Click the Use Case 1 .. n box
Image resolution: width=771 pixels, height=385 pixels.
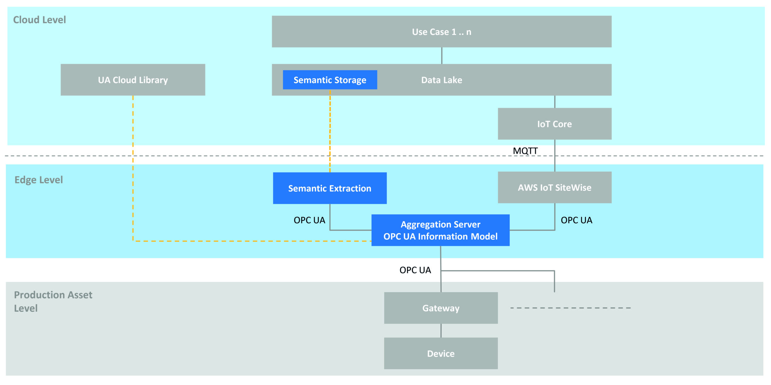coord(441,32)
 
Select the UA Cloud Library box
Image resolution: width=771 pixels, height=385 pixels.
coord(133,80)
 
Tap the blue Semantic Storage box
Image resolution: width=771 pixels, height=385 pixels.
coord(330,80)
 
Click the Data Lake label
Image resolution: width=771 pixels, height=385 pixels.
coord(441,80)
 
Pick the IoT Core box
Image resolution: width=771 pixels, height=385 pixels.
coord(554,124)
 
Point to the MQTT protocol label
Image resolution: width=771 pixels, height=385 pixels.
coord(525,151)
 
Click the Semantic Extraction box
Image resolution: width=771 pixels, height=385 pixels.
coord(329,188)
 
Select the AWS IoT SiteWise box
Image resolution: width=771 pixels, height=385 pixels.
coord(554,188)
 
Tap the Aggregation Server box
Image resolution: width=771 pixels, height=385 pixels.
coord(440,230)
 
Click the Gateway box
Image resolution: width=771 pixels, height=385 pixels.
coord(440,308)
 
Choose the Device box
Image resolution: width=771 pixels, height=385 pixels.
coord(440,354)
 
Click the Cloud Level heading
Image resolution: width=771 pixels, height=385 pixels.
coord(39,20)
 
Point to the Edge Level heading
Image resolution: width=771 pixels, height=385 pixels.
coord(39,180)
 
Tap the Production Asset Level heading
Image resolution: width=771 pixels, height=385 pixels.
coord(53,301)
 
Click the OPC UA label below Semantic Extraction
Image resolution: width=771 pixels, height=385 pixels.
coord(309,220)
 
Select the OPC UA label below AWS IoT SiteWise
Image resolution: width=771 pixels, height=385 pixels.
coord(576,220)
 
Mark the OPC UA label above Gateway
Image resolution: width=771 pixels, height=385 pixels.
coord(415,270)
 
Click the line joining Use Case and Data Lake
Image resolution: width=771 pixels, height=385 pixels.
coord(442,56)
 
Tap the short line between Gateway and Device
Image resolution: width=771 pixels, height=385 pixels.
coord(441,331)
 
